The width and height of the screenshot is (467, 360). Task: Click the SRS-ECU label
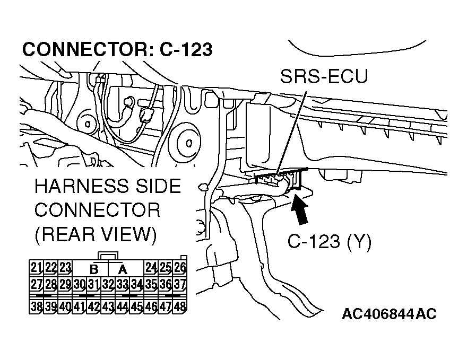[323, 77]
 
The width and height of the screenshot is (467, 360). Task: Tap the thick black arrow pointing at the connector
[298, 209]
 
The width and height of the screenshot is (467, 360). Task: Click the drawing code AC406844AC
[389, 314]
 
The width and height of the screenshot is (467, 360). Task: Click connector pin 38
[36, 306]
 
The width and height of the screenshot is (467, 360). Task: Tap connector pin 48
[180, 306]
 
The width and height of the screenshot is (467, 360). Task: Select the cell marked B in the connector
[94, 268]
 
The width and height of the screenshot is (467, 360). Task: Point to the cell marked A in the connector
[123, 268]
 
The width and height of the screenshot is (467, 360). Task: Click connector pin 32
[108, 284]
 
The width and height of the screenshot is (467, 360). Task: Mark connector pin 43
[108, 306]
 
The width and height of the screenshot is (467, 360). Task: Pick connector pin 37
[180, 284]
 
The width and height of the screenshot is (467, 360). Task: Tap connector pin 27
[36, 284]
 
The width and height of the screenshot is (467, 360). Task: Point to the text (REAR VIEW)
[96, 234]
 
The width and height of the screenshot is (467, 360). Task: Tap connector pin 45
[137, 306]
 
